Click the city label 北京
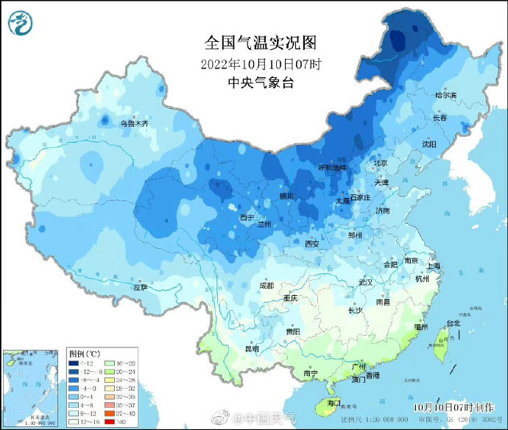tap(380, 163)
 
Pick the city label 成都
tap(266, 285)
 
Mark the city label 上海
tap(435, 266)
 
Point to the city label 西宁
tap(247, 217)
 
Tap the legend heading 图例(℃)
tap(85, 354)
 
